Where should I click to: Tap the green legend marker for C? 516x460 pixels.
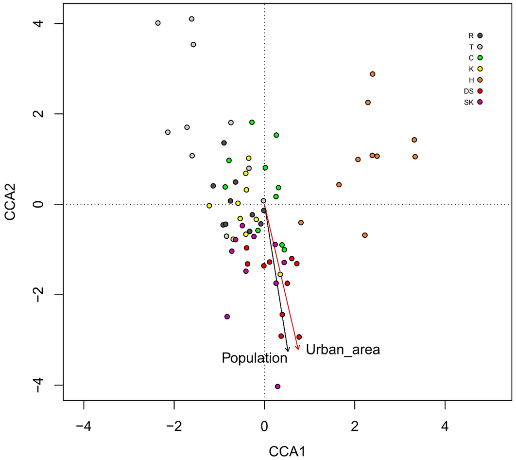[480, 58]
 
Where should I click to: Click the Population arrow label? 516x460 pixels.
[255, 358]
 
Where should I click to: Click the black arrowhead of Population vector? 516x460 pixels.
[288, 350]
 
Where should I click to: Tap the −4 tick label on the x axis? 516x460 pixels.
[84, 419]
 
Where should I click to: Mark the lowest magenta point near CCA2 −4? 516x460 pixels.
[277, 387]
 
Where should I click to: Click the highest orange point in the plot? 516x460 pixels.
[373, 74]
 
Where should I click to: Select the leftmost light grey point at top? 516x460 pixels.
[158, 23]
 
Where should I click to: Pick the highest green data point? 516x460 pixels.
[252, 122]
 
